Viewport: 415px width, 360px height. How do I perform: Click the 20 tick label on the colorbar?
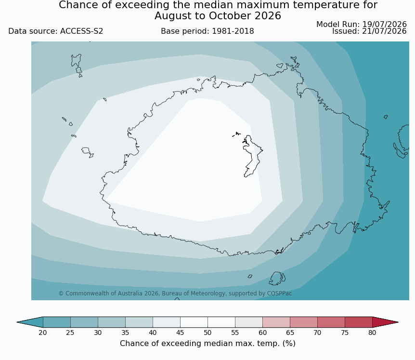click(x=43, y=333)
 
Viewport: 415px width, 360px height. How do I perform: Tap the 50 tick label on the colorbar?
click(x=207, y=333)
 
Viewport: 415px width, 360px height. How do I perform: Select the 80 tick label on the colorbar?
click(x=372, y=333)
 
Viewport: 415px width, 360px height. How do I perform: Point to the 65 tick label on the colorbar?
click(x=290, y=333)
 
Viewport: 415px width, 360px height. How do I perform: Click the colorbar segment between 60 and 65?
click(x=276, y=322)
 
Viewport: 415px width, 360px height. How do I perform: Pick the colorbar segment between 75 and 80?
click(x=359, y=322)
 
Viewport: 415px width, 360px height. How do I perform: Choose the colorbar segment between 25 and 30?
click(x=84, y=322)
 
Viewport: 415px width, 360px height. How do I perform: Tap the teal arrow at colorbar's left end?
click(x=30, y=322)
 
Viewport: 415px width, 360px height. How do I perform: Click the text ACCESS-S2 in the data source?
click(x=81, y=31)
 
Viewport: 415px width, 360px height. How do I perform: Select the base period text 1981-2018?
click(x=233, y=31)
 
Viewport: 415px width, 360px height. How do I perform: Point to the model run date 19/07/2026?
click(x=384, y=25)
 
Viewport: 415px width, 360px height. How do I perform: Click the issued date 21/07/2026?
click(x=384, y=31)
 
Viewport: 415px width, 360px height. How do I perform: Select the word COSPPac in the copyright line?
click(x=280, y=293)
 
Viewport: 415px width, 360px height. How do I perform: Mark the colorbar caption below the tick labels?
click(x=207, y=344)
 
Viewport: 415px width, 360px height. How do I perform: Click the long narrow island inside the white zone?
click(x=252, y=156)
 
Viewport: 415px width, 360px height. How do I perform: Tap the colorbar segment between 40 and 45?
click(x=167, y=322)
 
